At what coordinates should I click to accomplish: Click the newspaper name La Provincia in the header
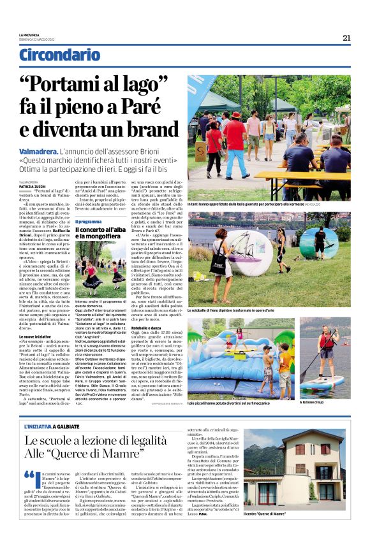pyautogui.click(x=29, y=35)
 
